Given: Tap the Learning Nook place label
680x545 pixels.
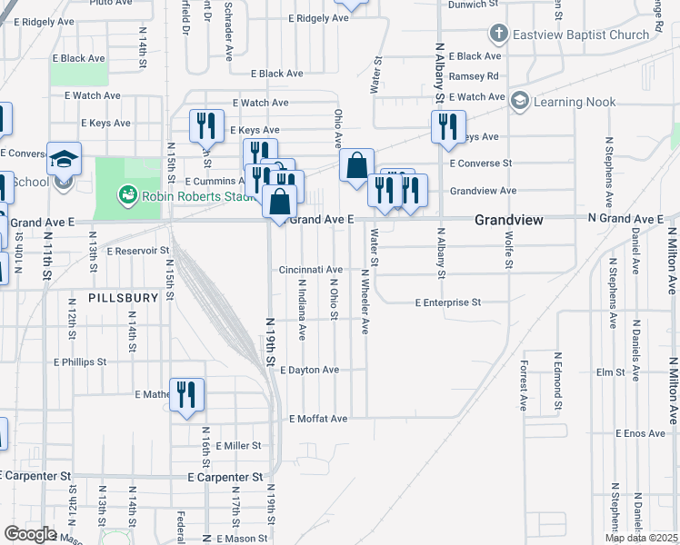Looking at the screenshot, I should tap(574, 103).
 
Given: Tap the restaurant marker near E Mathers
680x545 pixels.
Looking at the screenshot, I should tap(186, 395).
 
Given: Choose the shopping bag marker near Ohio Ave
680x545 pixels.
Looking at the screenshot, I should tap(357, 166).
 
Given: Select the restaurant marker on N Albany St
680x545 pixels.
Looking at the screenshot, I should tap(448, 127).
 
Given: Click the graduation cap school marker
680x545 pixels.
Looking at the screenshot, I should tap(64, 159).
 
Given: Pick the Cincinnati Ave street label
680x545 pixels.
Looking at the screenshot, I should tap(311, 270).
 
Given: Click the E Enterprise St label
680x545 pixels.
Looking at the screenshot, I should tap(446, 302).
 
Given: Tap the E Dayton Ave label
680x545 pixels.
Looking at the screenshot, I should tap(309, 370).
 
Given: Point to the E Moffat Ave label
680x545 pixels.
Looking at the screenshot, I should tap(318, 419).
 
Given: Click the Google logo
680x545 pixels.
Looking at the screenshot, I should tap(30, 533).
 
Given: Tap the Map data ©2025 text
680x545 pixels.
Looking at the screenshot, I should tap(642, 538).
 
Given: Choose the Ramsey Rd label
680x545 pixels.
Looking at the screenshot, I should tap(480, 76).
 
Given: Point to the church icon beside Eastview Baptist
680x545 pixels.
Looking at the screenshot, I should tap(497, 35).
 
